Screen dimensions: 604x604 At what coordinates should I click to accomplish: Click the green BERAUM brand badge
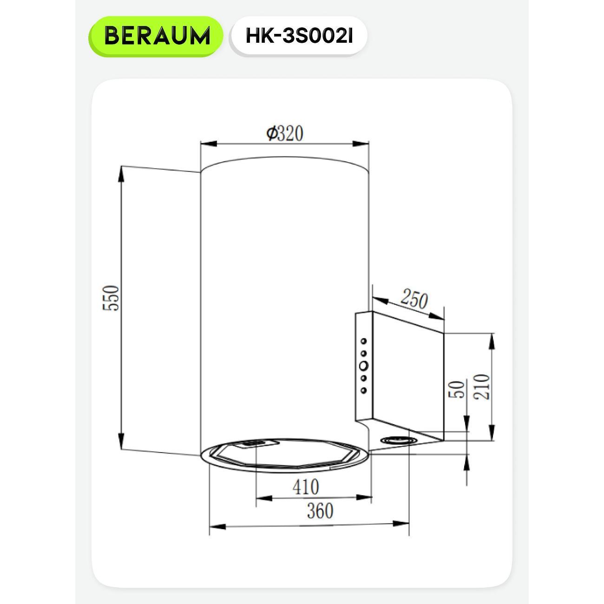(156, 36)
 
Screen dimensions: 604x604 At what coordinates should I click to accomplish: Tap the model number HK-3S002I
(299, 36)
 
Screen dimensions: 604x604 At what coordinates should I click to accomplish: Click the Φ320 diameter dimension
(285, 133)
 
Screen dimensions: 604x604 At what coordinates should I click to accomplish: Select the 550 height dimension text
(111, 298)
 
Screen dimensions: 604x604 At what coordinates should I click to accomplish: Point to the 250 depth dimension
(414, 299)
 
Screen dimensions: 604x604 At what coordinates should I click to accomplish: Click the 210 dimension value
(481, 387)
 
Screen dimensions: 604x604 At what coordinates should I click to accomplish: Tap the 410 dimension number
(306, 487)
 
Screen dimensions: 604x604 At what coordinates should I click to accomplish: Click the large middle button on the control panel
(364, 365)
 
